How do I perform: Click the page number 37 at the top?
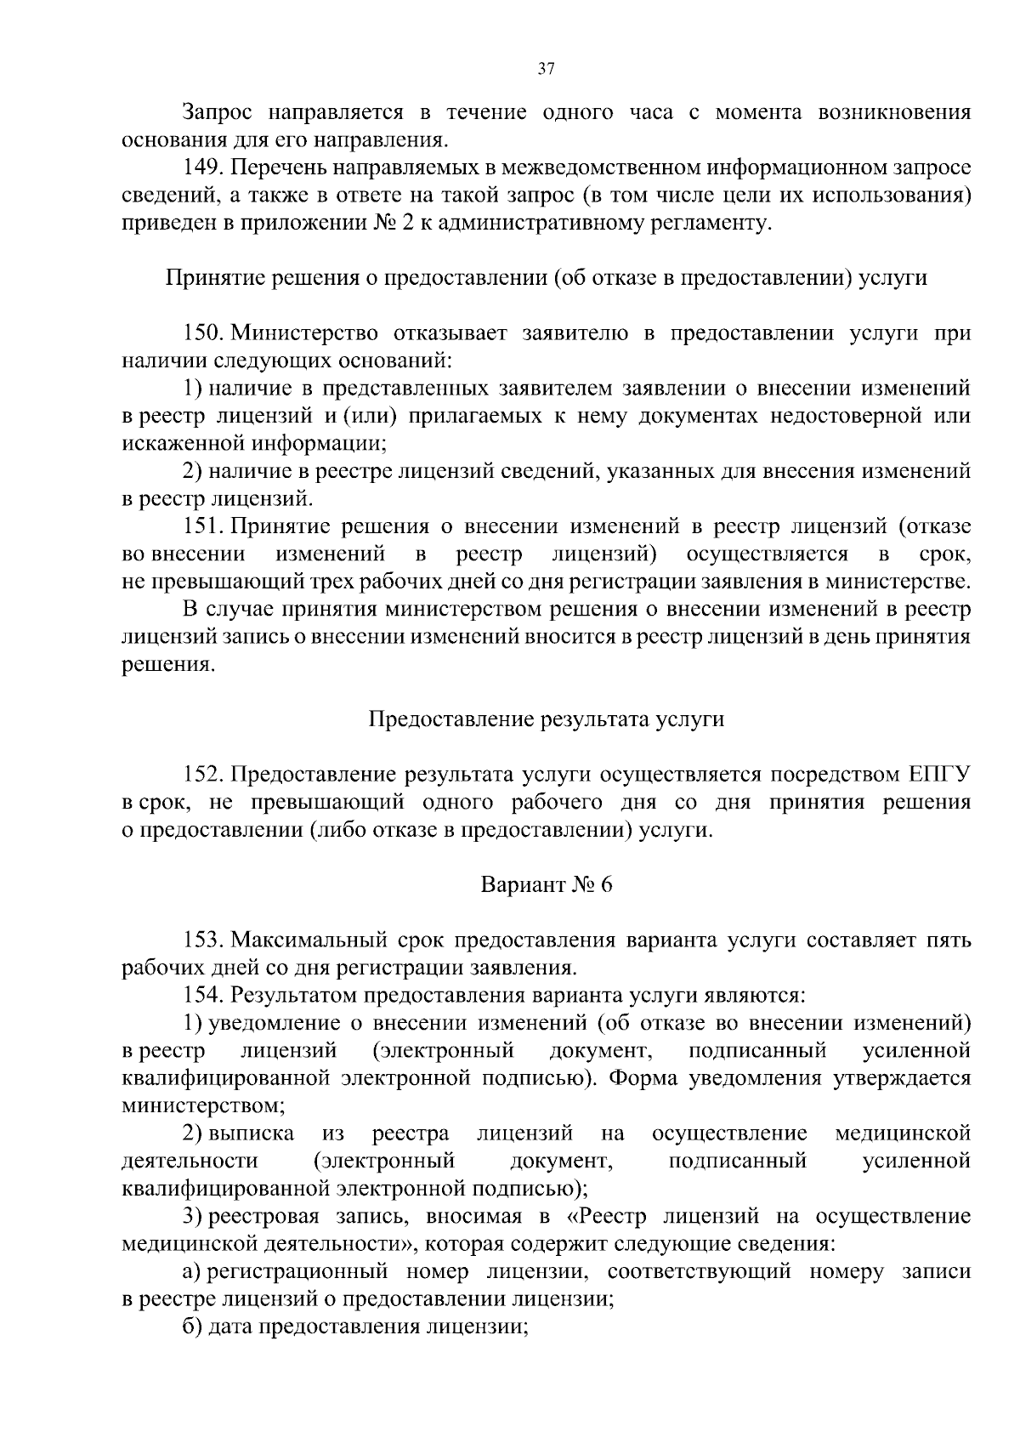547,70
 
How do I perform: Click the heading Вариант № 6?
547,885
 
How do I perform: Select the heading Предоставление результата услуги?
547,720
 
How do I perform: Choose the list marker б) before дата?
192,1327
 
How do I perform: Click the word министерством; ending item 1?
204,1106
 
